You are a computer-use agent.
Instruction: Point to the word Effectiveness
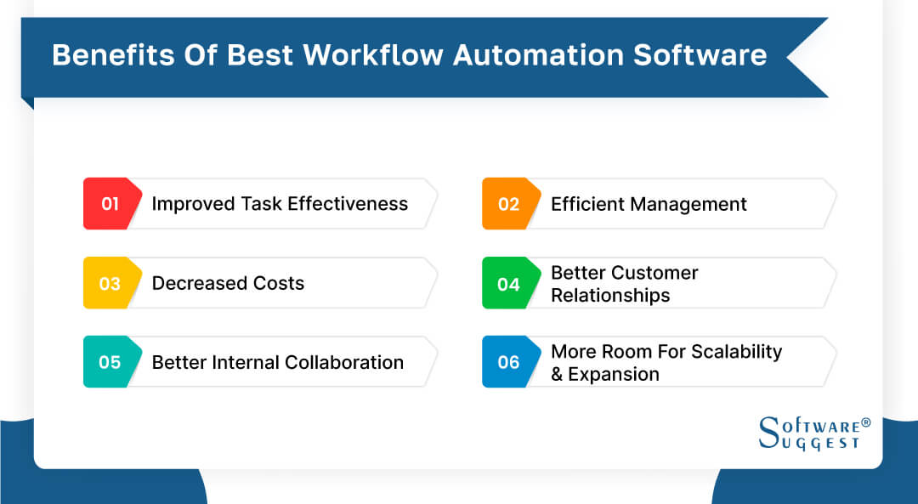348,204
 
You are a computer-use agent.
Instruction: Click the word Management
693,204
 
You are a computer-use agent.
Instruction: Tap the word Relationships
610,295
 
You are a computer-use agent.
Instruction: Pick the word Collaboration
344,362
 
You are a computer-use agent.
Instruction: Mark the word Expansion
614,374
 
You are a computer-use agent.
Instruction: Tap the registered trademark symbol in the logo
866,422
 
